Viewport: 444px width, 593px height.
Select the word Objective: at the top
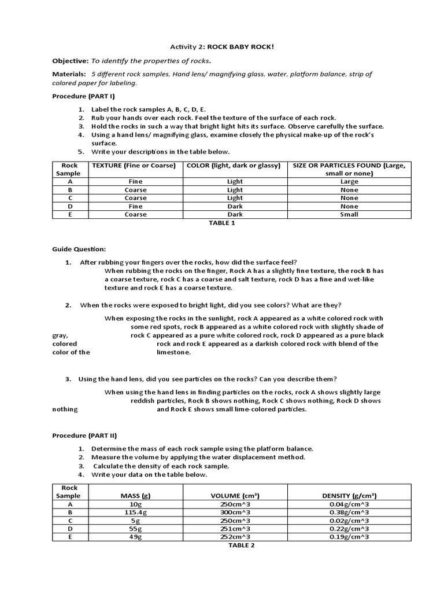click(x=70, y=60)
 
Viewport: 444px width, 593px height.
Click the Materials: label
click(x=69, y=74)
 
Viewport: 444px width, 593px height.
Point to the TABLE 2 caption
click(x=241, y=545)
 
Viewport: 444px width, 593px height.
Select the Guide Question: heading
click(x=79, y=248)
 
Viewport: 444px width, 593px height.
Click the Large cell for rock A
click(x=349, y=181)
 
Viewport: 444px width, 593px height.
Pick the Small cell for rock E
click(x=349, y=214)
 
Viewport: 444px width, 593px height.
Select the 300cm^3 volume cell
click(x=235, y=513)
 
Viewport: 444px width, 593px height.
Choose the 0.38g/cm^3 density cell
click(x=349, y=513)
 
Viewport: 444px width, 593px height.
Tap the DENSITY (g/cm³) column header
click(x=349, y=496)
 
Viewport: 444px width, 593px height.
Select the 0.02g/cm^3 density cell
click(x=349, y=521)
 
